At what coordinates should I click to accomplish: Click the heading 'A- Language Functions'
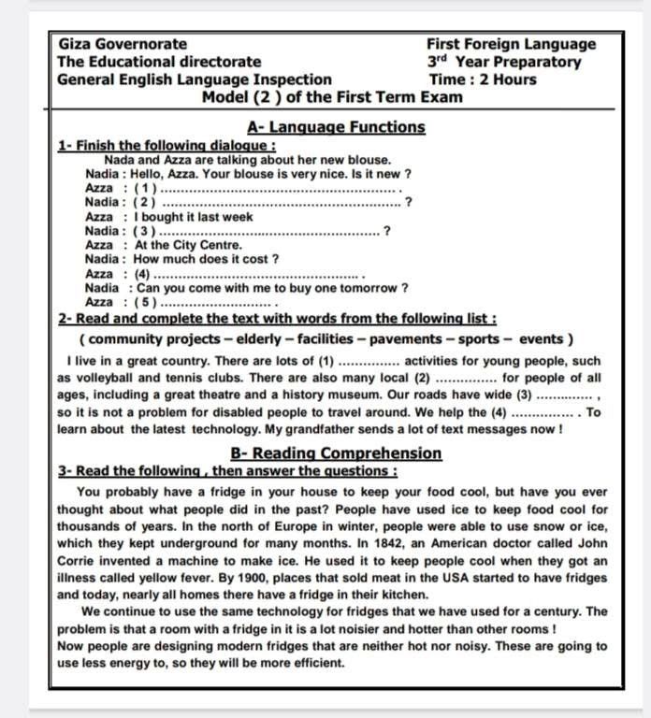coord(336,127)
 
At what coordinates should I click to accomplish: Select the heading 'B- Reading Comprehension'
coord(336,453)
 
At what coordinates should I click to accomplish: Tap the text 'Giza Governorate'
coord(123,44)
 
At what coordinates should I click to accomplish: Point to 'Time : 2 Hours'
coord(483,79)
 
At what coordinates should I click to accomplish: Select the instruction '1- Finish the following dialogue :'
coord(166,146)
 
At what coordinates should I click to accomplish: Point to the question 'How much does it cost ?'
coord(206,259)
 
